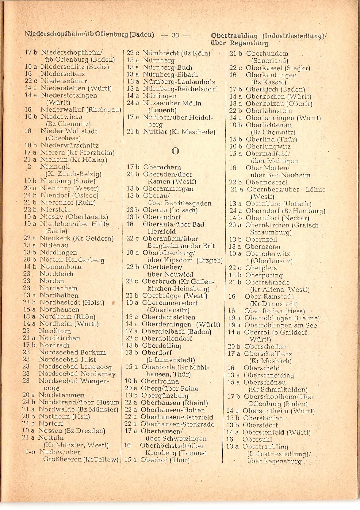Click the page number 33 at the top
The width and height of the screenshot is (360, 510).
tap(175, 35)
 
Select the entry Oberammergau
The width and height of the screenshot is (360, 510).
tap(168, 189)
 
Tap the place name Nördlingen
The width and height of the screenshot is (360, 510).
tap(59, 253)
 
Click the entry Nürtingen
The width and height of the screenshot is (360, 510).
tap(160, 96)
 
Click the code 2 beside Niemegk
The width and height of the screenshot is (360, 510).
tap(29, 167)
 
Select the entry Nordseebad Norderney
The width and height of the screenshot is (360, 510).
tap(77, 374)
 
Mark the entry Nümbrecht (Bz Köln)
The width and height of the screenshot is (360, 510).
tap(176, 53)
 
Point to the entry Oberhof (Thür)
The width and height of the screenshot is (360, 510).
tap(165, 460)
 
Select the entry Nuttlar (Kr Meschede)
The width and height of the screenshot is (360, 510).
tap(179, 132)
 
